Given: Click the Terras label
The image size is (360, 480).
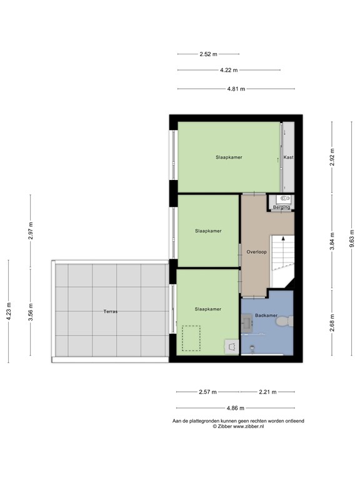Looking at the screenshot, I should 111,311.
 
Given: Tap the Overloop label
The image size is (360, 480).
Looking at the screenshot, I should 257,252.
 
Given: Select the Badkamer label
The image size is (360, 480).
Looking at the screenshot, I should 266,316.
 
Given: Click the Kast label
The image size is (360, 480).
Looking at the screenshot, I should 288,157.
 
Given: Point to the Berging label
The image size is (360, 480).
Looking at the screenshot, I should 281,207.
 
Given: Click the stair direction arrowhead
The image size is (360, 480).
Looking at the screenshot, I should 283,238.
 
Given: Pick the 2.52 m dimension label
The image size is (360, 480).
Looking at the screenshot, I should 208,54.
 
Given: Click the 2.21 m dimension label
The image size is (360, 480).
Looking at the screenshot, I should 268,392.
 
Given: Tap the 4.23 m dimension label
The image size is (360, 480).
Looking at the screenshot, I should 8,311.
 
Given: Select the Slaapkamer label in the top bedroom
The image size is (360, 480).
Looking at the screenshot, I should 229,157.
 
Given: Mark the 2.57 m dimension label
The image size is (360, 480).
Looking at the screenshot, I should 207,392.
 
